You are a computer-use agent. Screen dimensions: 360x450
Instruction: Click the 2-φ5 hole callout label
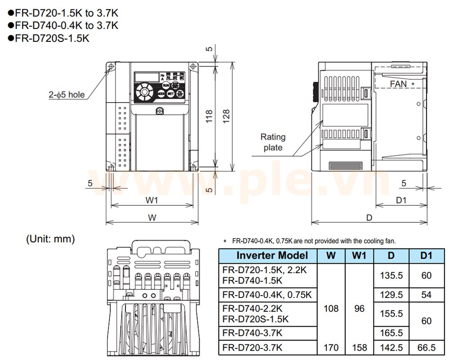pos(67,94)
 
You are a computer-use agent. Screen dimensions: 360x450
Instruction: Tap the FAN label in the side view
pos(398,84)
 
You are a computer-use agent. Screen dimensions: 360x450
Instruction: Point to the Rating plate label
pos(273,142)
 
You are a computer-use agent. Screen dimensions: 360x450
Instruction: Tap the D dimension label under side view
pos(369,217)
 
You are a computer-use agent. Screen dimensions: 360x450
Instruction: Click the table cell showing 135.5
pos(391,275)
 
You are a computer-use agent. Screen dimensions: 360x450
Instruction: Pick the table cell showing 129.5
pos(391,295)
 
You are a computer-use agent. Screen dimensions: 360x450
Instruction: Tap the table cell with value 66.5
pos(426,347)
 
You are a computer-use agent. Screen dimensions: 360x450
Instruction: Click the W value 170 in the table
pos(331,347)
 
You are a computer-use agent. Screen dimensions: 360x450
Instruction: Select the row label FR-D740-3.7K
pos(252,333)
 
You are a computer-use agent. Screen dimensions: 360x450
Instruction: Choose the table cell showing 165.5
pos(391,333)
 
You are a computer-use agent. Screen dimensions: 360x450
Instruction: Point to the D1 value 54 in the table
pos(426,295)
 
